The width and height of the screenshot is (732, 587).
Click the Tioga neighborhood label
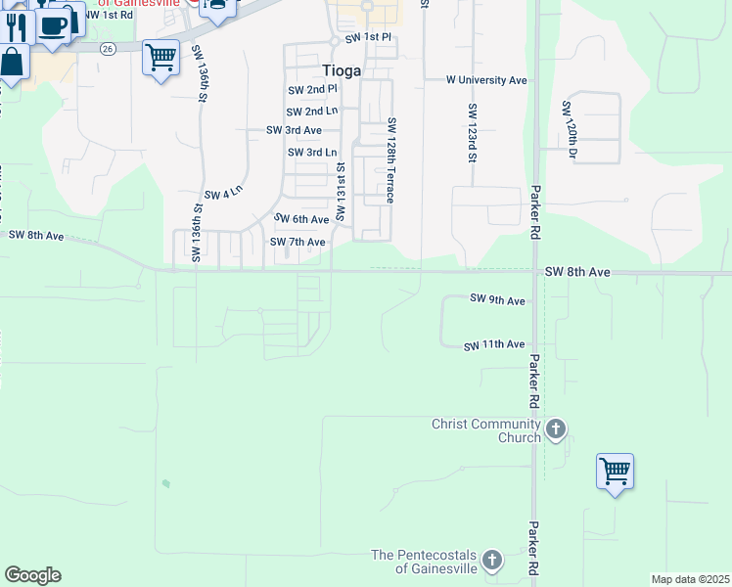pyautogui.click(x=342, y=70)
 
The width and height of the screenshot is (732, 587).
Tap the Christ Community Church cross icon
pyautogui.click(x=556, y=429)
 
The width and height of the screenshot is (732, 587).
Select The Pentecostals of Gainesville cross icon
pyautogui.click(x=491, y=561)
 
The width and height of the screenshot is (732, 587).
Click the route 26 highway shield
pyautogui.click(x=108, y=48)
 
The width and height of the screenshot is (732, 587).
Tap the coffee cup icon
pyautogui.click(x=55, y=25)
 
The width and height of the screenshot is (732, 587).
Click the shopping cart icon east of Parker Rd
pyautogui.click(x=615, y=472)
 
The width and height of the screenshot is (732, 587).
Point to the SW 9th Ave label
pyautogui.click(x=497, y=298)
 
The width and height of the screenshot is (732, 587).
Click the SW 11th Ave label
pyautogui.click(x=494, y=344)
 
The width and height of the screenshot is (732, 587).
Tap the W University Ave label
pyautogui.click(x=486, y=79)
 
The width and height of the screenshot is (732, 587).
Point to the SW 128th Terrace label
pyautogui.click(x=390, y=159)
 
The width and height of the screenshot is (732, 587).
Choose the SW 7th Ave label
pyautogui.click(x=297, y=242)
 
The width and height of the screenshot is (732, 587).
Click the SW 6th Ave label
pyautogui.click(x=300, y=219)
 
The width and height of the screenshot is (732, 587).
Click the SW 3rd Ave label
pyautogui.click(x=294, y=130)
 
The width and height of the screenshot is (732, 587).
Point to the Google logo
pyautogui.click(x=32, y=575)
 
